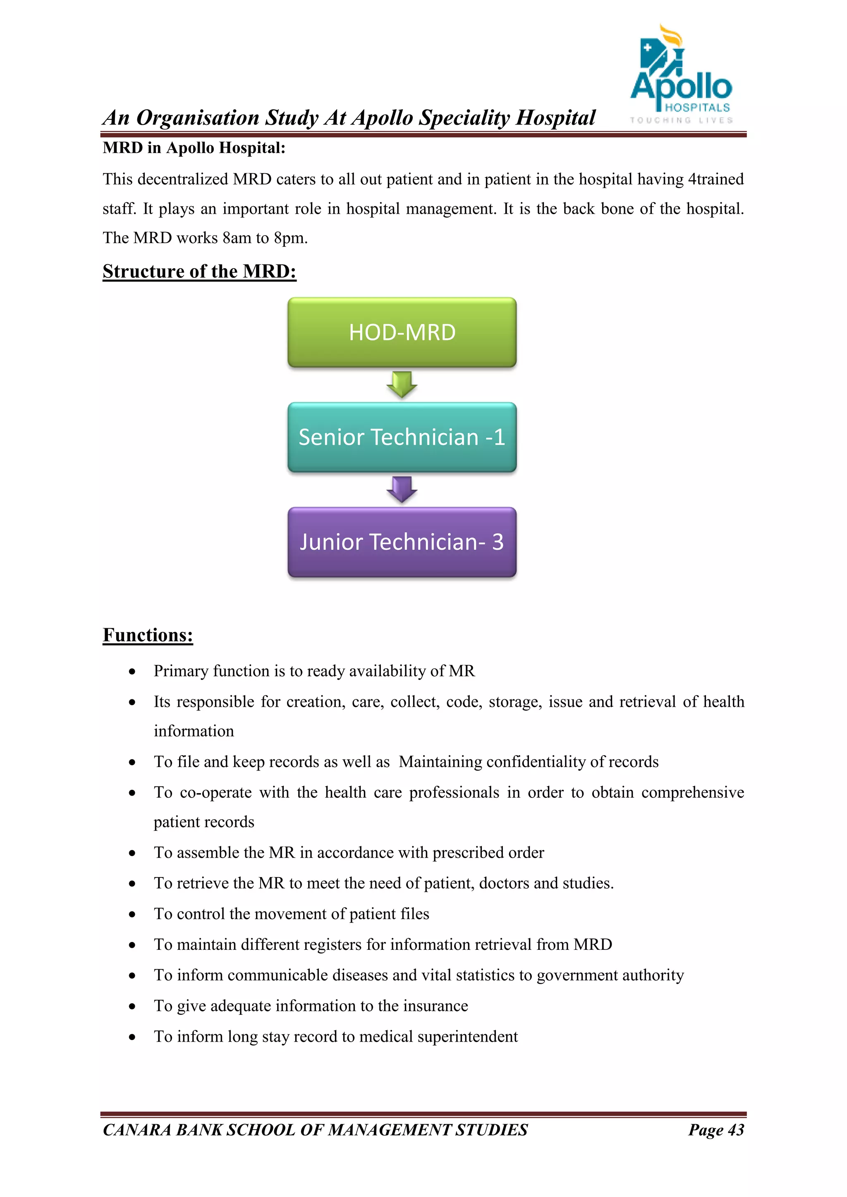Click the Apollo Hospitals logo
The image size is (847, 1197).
681,76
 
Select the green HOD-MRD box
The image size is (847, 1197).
402,332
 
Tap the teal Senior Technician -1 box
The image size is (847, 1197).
402,437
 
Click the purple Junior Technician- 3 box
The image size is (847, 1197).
402,542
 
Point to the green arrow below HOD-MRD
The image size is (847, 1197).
402,385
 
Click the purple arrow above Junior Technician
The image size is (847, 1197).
402,489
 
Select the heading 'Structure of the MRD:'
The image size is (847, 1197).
199,272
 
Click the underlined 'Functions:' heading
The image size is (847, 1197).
148,635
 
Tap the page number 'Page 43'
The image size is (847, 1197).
715,1130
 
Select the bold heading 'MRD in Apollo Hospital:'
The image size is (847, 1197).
194,148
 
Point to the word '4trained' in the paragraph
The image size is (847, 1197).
715,179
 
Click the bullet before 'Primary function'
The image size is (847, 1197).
132,672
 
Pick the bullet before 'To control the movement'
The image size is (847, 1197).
132,914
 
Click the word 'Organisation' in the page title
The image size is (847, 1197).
198,118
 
